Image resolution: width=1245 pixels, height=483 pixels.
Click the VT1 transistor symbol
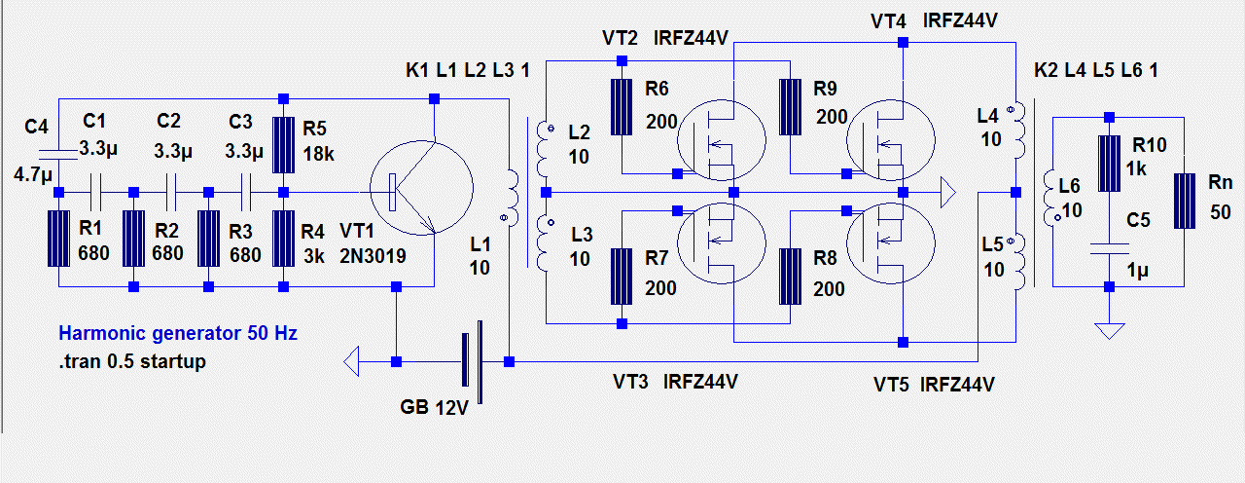pos(421,188)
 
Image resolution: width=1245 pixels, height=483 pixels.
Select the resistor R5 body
pos(283,145)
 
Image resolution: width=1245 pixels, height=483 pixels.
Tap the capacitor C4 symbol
pos(57,155)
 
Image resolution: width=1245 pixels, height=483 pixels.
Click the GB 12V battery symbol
pos(473,361)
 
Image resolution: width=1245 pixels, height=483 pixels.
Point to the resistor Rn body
pos(1185,201)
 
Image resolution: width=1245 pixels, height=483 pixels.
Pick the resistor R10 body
pos(1110,164)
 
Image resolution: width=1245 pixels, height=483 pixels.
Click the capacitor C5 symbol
pos(1110,248)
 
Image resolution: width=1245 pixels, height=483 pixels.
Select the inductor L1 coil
pos(512,198)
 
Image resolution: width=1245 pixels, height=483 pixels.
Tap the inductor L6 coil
pos(1050,198)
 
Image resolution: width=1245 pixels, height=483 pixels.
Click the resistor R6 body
pos(622,107)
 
